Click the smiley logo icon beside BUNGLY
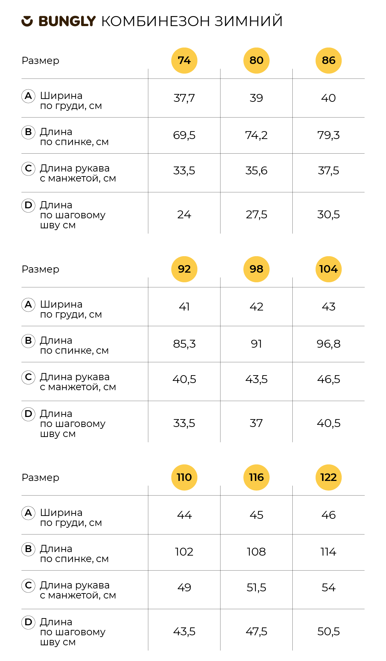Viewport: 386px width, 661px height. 27,21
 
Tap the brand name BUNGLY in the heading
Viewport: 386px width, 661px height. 67,21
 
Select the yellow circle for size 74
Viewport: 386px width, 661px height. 184,60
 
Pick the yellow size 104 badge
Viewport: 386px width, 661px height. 328,269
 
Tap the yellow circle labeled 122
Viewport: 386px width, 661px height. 328,477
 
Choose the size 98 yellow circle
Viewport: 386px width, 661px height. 256,269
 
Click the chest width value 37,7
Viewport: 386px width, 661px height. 184,98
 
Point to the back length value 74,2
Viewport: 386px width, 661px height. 256,135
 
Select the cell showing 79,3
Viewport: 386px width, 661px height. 328,135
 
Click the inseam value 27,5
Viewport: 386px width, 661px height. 256,214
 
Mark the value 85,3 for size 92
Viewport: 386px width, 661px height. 184,344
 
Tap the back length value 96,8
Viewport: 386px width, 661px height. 328,344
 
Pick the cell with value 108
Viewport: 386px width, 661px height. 256,552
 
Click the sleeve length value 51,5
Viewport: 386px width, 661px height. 256,588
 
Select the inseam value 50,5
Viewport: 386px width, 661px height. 328,631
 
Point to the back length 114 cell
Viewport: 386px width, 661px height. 328,552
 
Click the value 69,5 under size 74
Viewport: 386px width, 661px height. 184,135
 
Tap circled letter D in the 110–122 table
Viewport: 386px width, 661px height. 28,622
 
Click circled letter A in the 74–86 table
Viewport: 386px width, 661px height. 28,96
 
